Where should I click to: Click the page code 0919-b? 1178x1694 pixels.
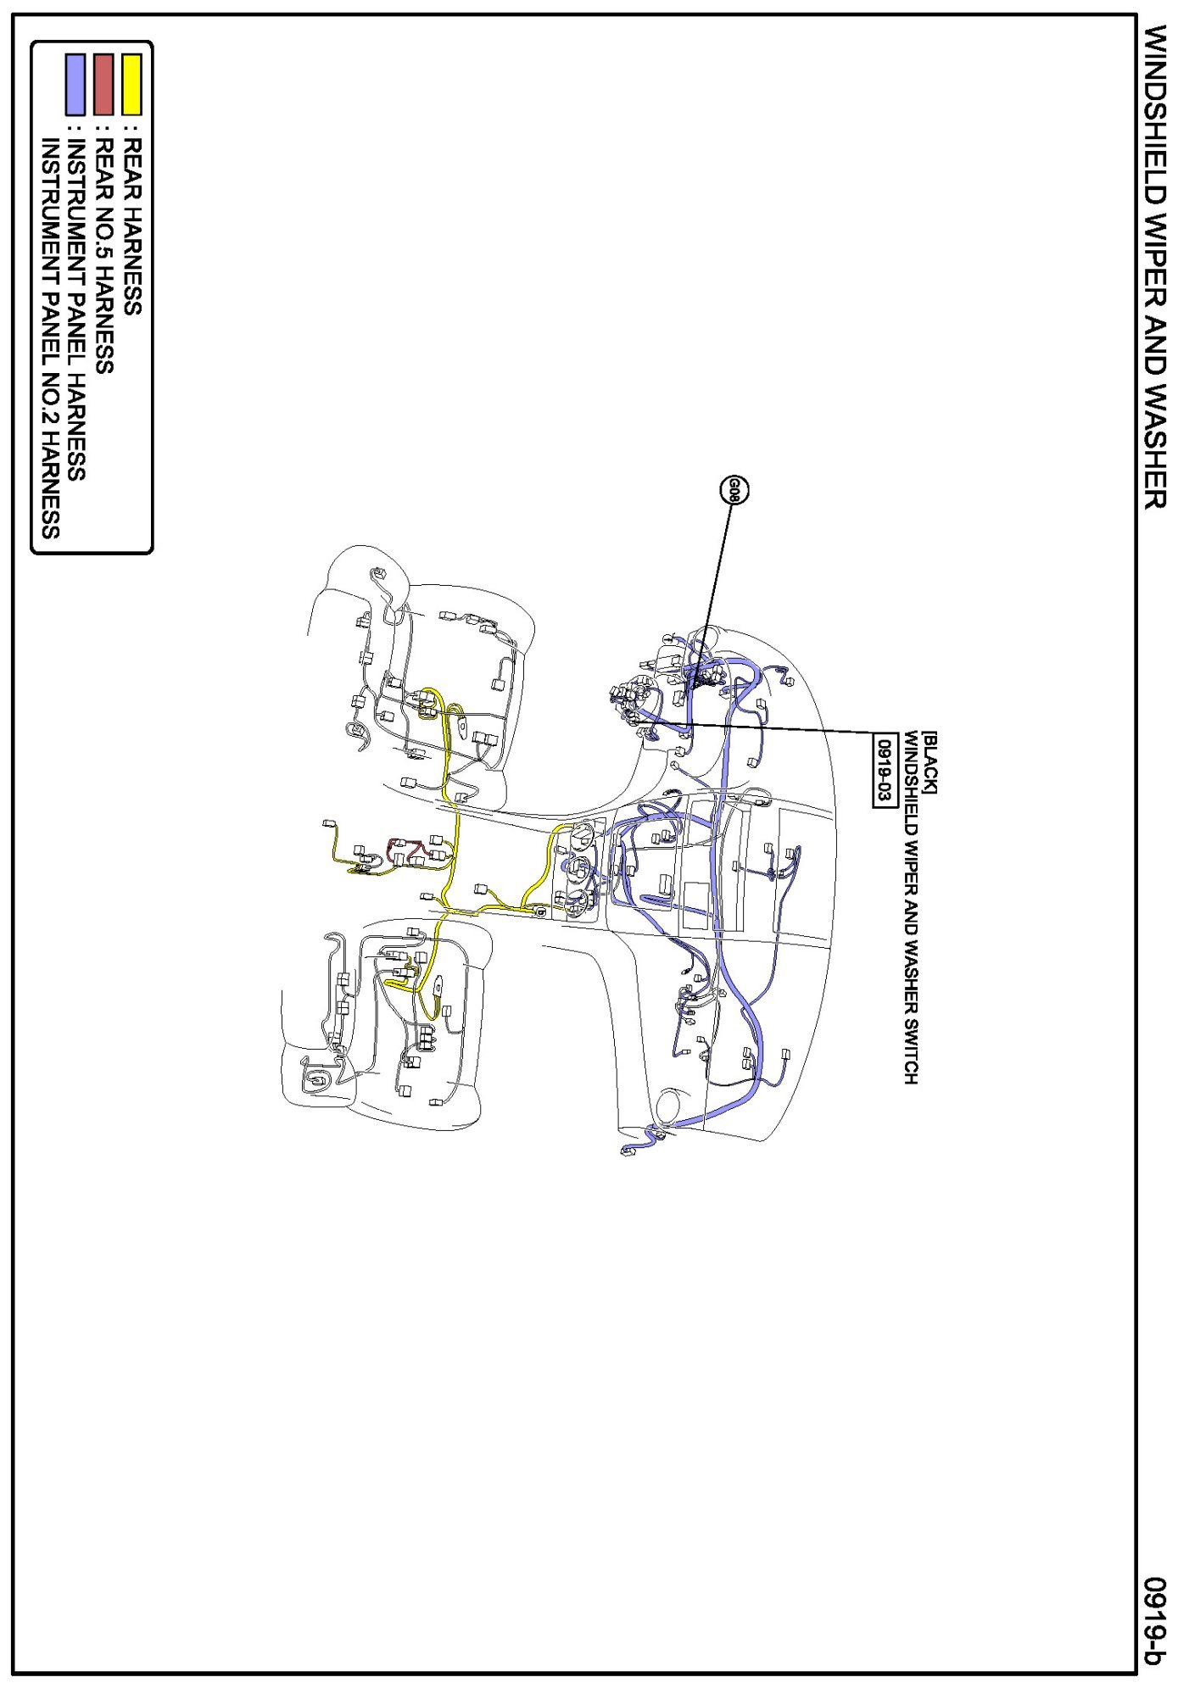1155,1620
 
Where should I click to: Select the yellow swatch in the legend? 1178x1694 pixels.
131,84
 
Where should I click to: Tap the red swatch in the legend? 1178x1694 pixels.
103,84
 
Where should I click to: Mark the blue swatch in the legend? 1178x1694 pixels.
75,84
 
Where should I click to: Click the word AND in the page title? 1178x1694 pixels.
1155,354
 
